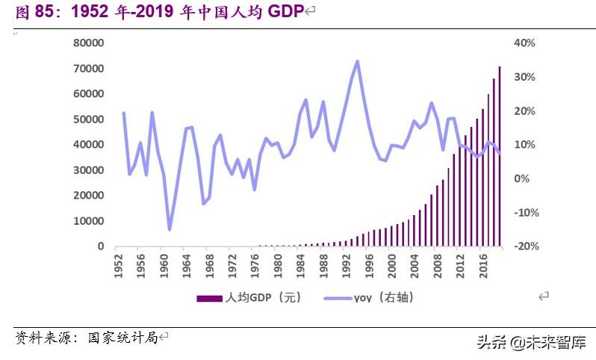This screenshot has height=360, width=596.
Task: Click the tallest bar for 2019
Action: click(500, 157)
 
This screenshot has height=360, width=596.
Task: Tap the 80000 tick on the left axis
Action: click(88, 43)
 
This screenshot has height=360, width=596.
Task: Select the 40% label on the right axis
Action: click(525, 43)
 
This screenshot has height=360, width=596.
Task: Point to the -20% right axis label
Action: click(524, 246)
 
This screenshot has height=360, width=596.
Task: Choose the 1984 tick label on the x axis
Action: click(300, 266)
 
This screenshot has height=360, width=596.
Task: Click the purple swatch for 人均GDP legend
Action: click(209, 298)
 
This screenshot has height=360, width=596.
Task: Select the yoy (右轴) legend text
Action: click(383, 298)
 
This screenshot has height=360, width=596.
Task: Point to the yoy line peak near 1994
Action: click(358, 61)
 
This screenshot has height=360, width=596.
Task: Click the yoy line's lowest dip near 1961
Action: click(170, 229)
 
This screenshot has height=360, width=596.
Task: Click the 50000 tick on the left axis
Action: click(88, 120)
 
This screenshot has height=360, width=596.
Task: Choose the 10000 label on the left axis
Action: click(88, 221)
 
